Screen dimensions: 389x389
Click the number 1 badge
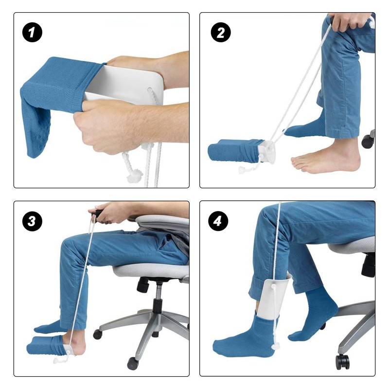tap(33, 33)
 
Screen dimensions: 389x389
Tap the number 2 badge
tap(220, 33)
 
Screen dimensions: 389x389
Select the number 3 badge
tap(33, 222)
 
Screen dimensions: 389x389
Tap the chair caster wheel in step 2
tap(368, 141)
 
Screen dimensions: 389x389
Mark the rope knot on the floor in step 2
tap(243, 170)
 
